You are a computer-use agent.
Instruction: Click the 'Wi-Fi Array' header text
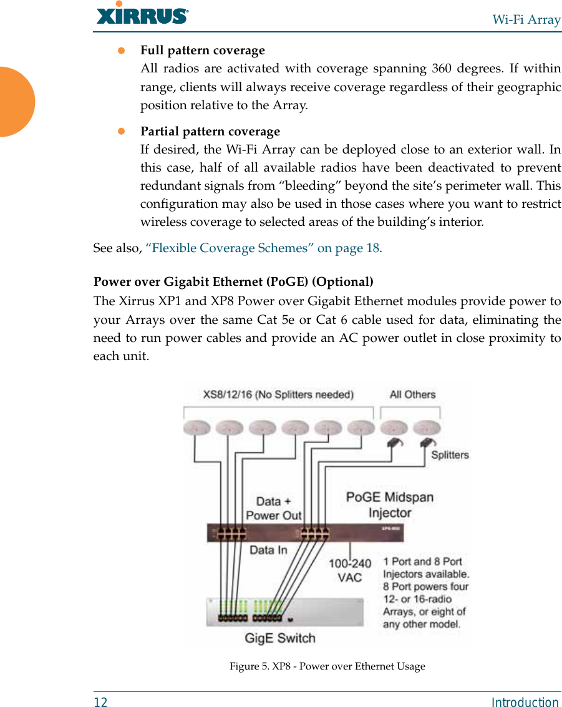coord(526,19)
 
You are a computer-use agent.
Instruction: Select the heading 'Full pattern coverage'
coord(202,50)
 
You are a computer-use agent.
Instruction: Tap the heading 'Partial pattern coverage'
coord(210,131)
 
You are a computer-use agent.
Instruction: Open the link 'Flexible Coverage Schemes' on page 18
coord(263,248)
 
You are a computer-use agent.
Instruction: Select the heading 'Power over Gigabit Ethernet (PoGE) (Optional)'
coord(233,281)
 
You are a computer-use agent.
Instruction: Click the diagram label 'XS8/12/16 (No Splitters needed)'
coord(278,394)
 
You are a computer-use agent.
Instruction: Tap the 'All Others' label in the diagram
coord(412,394)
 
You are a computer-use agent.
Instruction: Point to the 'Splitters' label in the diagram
coord(450,455)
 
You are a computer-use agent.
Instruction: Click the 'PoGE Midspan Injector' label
coord(390,505)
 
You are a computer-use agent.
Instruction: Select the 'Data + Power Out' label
coord(273,508)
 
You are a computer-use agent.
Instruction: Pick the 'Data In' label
coord(269,550)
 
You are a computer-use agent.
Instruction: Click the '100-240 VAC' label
coord(349,570)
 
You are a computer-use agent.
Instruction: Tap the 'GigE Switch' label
coord(279,638)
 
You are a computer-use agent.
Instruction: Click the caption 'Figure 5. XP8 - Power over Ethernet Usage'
coord(327,666)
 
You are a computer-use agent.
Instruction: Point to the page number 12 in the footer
coord(100,702)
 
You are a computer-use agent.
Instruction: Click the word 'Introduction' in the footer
coord(525,702)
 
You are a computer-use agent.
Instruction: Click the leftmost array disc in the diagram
coord(197,428)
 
